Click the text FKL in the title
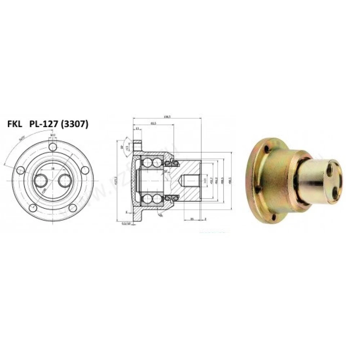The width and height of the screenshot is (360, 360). click(15, 125)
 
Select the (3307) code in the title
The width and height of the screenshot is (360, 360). click(75, 125)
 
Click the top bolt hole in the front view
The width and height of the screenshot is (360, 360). click(53, 147)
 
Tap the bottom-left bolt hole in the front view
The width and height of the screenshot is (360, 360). click(33, 208)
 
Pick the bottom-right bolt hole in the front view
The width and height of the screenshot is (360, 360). click(73, 208)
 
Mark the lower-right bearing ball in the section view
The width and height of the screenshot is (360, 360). click(157, 199)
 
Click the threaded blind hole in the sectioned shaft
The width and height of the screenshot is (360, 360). click(189, 180)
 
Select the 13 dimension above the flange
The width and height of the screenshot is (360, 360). click(137, 128)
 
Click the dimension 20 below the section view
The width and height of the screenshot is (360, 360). click(192, 219)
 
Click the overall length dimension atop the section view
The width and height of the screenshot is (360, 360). click(166, 117)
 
